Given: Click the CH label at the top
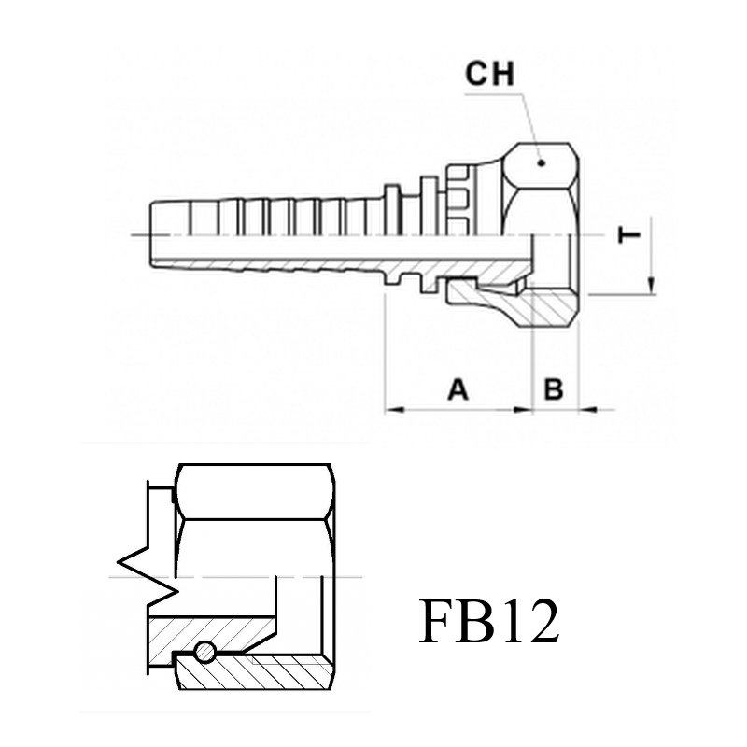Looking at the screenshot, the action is [x=489, y=74].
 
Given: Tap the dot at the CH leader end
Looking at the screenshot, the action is [x=541, y=163].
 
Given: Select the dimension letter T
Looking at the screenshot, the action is [x=629, y=235].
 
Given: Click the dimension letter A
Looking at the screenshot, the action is [x=458, y=389].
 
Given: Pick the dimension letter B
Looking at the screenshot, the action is [x=554, y=389].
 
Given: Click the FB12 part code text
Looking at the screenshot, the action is [x=488, y=621].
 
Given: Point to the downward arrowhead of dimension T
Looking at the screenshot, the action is [x=651, y=287].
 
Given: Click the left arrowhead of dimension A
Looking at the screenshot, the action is [x=394, y=409].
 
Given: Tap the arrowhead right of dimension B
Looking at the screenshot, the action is [x=588, y=409].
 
